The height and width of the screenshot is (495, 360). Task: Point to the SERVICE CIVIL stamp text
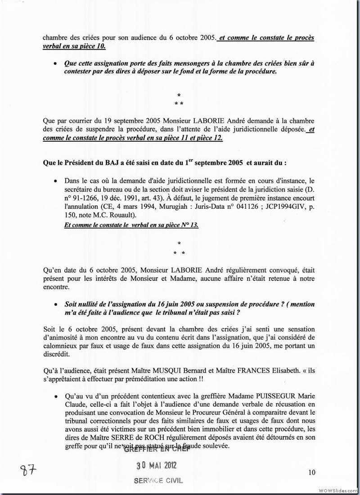point(158,480)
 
